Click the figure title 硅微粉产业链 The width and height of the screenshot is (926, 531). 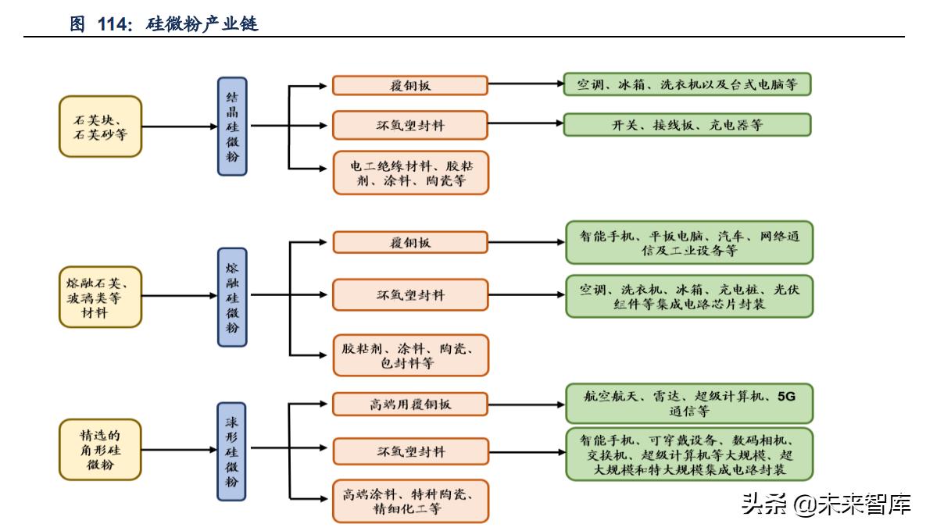(202, 24)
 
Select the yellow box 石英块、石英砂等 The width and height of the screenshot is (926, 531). (100, 127)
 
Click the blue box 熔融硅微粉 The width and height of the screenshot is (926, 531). (232, 296)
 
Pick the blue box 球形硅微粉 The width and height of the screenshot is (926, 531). (232, 451)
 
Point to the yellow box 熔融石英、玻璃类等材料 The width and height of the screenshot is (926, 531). (100, 296)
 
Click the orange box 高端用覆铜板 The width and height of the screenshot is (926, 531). (410, 404)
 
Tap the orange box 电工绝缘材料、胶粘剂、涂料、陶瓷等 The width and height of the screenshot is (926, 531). (410, 173)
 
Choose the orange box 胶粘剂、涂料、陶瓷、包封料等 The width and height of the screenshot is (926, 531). (410, 355)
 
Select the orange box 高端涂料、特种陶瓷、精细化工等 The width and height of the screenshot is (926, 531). (410, 501)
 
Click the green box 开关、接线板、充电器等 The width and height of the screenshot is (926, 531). (687, 125)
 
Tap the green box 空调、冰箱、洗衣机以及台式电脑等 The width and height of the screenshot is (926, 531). (687, 84)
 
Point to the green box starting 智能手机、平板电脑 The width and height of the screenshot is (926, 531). (688, 243)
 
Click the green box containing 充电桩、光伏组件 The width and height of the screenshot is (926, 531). (688, 296)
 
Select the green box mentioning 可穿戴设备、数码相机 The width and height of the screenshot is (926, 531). (688, 453)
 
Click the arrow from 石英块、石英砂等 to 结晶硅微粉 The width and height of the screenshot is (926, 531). (180, 126)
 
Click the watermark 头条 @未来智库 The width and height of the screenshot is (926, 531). (826, 504)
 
